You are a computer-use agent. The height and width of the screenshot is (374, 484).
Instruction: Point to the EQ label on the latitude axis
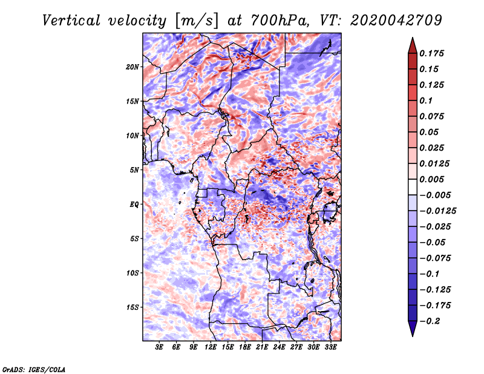pos(134,204)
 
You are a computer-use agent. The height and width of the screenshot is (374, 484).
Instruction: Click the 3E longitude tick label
pos(160,347)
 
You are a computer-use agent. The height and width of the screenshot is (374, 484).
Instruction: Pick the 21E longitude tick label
pos(263,347)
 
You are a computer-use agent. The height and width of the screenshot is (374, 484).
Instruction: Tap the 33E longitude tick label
pos(331,347)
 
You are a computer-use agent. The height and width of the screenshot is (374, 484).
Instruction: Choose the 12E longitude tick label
pos(211,347)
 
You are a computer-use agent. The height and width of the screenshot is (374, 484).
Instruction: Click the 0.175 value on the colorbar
pos(433,53)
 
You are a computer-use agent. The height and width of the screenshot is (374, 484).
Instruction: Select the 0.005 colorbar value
pos(433,179)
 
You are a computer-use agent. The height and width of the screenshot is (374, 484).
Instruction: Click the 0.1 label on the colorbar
pos(425,100)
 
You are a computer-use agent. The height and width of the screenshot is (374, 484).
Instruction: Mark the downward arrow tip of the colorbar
pos(412,335)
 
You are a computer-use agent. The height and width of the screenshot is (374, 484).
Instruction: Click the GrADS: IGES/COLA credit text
pos(34,369)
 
